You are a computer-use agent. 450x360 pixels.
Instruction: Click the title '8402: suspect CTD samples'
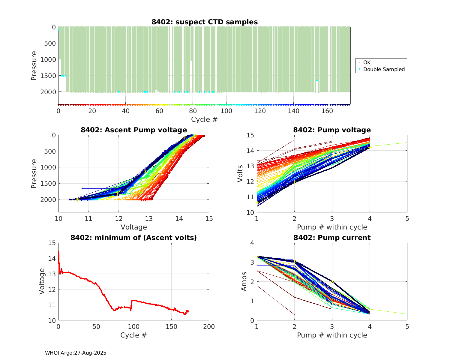(204, 22)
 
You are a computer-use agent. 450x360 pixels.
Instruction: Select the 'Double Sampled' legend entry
(384, 69)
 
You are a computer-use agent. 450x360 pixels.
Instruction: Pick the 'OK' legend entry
(367, 62)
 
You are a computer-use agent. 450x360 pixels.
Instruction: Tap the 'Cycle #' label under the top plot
(204, 119)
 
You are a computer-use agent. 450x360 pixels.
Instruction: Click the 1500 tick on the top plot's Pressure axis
(48, 76)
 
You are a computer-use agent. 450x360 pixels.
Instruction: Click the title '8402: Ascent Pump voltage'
(133, 130)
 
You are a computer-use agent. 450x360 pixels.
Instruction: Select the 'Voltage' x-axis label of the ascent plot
(133, 227)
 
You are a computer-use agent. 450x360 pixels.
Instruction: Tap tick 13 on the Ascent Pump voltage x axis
(149, 218)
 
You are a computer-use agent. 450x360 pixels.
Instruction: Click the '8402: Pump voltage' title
(332, 130)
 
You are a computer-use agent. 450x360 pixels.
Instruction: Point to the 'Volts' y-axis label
(240, 173)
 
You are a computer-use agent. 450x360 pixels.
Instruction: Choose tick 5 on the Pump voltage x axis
(407, 219)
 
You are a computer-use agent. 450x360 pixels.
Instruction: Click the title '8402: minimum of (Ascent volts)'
(133, 238)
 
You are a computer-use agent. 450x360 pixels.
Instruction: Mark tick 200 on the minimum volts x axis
(209, 327)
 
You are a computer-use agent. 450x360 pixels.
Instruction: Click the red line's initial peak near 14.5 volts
(58, 251)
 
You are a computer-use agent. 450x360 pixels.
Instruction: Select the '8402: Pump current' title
(332, 238)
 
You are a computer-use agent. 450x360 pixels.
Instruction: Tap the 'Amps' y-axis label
(244, 281)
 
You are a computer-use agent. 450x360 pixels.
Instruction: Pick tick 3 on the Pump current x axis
(332, 326)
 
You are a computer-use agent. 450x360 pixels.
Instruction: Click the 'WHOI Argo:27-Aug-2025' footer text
(76, 353)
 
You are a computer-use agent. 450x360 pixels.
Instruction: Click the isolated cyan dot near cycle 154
(317, 80)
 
